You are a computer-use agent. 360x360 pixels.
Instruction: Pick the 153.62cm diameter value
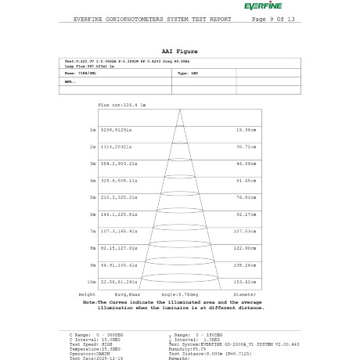tap(246, 281)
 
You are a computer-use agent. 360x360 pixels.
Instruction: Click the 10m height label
tap(92, 281)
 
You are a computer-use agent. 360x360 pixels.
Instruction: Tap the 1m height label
tap(93, 129)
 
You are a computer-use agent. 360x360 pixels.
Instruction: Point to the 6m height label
tap(93, 214)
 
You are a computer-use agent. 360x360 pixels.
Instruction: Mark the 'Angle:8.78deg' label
tap(179, 294)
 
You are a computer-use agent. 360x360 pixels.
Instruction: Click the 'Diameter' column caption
tap(245, 294)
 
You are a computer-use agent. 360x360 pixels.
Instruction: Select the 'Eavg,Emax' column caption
tap(119, 294)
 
